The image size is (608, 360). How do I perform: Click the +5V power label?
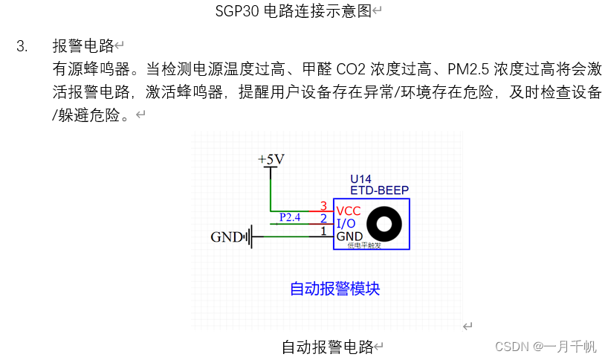(x=271, y=160)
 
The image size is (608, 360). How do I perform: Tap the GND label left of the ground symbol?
(x=227, y=238)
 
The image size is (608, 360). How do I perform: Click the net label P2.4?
(x=289, y=217)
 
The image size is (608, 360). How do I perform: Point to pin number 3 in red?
(x=323, y=205)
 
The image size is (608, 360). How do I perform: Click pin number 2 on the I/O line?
(x=323, y=219)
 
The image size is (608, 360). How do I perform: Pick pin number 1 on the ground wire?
(x=323, y=231)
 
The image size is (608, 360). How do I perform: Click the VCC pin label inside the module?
(x=349, y=211)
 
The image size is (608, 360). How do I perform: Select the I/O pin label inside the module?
(x=346, y=224)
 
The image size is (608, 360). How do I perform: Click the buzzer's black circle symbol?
(x=386, y=224)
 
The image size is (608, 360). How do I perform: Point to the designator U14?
(x=360, y=179)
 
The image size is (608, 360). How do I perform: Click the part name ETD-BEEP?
(x=379, y=190)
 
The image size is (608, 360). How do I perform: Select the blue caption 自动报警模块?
(x=334, y=289)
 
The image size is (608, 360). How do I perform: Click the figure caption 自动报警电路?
(x=327, y=347)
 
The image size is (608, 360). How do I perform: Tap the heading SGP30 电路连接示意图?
(x=294, y=11)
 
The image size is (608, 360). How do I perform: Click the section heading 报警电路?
(x=83, y=46)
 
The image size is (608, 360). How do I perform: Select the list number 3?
(x=22, y=46)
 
